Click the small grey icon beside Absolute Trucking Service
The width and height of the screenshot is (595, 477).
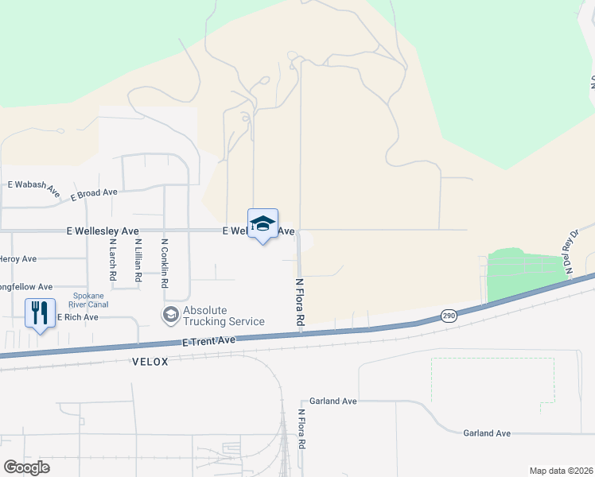[x=170, y=316]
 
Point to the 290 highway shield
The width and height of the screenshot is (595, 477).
[x=449, y=316]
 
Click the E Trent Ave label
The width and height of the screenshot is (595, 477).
[x=209, y=340]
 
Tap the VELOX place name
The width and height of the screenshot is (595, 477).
[x=150, y=362]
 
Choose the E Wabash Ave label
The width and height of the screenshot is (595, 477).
[x=34, y=188]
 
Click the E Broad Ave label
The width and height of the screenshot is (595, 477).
[x=94, y=193]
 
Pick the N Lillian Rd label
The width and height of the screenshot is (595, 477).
[x=138, y=262]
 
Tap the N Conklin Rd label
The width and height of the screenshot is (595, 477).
[x=165, y=263]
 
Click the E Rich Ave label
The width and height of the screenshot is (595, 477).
[x=77, y=317]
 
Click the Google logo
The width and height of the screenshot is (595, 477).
[x=26, y=467]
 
